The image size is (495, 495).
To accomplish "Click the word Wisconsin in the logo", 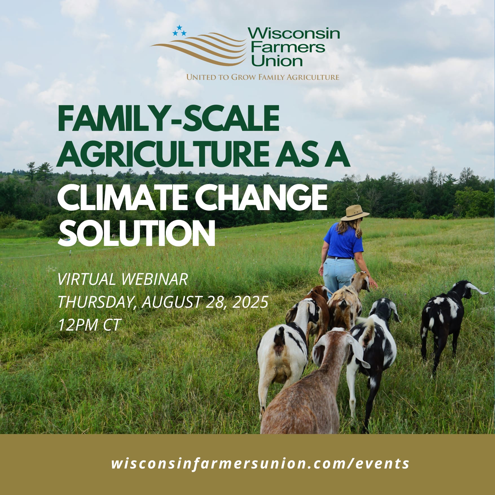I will [x=294, y=34].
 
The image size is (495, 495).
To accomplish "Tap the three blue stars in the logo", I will [x=179, y=31].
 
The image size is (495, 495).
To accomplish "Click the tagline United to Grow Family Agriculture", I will [x=263, y=77].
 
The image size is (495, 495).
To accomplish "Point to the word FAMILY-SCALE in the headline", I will [x=168, y=118].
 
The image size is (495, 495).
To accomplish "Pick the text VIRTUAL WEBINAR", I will [x=123, y=279].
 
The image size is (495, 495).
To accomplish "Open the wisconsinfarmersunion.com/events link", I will [x=260, y=463].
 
